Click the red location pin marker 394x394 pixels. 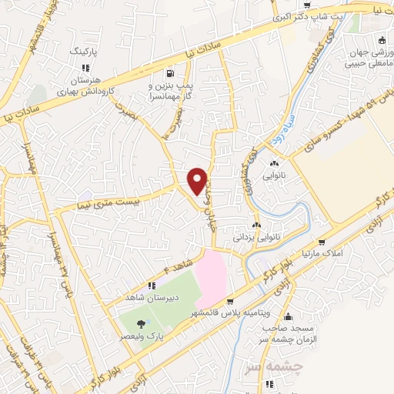click(197, 180)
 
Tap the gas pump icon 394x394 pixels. click(168, 75)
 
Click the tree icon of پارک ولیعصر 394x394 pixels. click(140, 324)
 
